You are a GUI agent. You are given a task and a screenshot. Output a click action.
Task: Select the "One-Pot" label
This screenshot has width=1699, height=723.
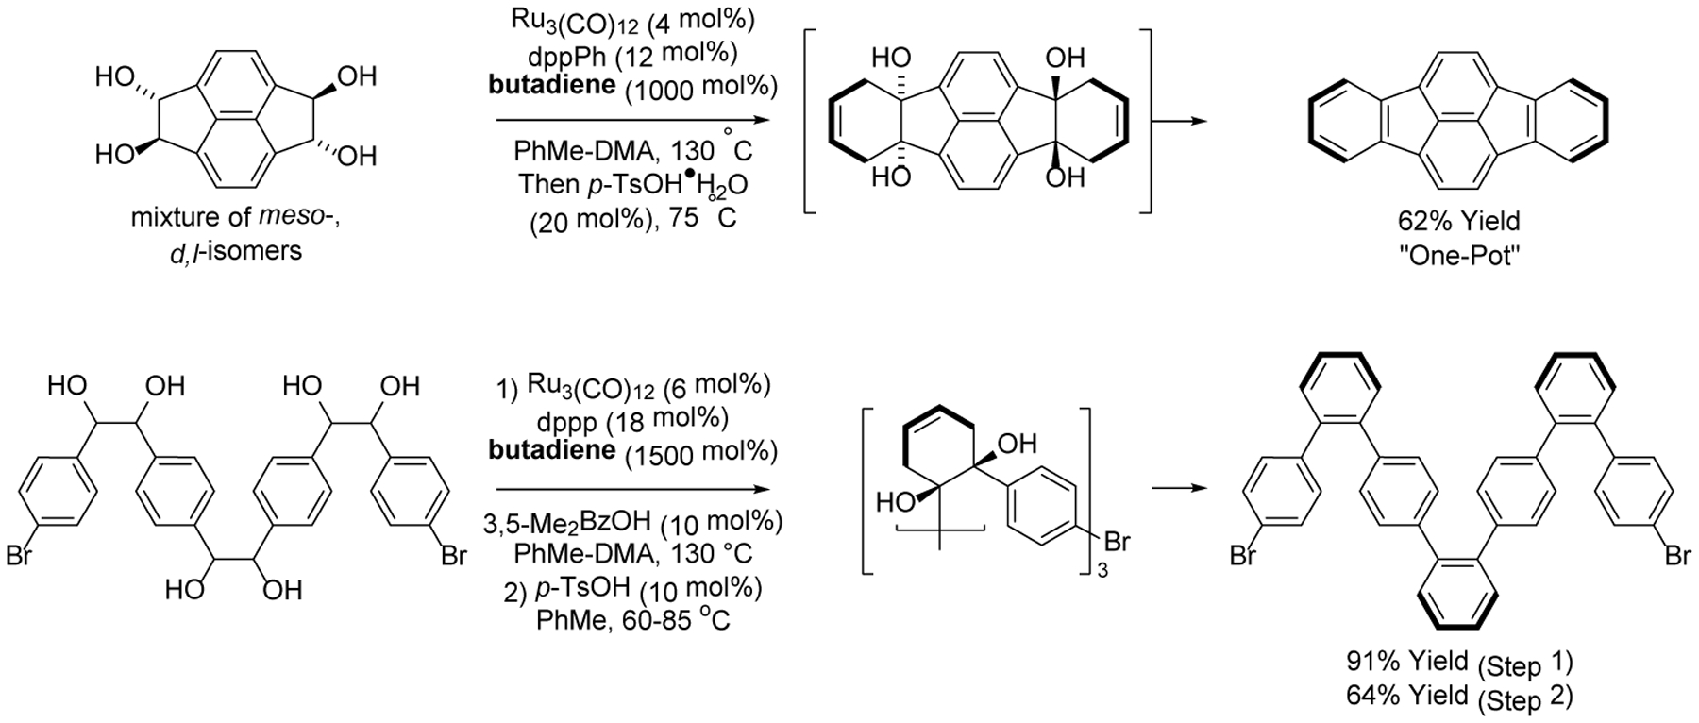(x=1458, y=256)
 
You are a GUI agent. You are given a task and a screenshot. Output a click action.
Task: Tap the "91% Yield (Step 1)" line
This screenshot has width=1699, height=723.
(x=1458, y=660)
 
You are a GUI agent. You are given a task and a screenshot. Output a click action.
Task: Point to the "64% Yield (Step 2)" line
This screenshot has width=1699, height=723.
(x=1458, y=696)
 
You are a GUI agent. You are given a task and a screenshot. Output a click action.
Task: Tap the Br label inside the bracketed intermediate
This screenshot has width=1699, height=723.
(x=1117, y=543)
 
